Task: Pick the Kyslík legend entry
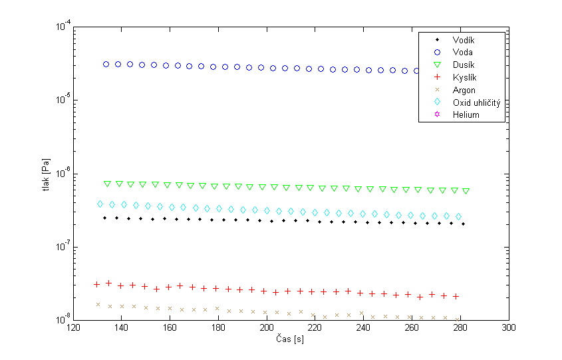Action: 464,77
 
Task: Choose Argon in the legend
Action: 464,90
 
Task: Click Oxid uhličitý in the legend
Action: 476,102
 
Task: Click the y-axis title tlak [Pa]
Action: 45,174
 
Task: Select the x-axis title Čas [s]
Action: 291,340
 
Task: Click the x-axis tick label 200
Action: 267,329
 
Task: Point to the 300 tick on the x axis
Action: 509,329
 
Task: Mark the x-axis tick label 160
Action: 170,329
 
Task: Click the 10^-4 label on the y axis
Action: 63,27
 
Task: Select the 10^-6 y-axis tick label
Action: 63,174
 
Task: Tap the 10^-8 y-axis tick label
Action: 63,320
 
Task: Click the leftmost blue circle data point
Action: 106,64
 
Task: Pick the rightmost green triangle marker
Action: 466,191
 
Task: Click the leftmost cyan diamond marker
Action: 100,204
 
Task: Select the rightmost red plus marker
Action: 456,296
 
